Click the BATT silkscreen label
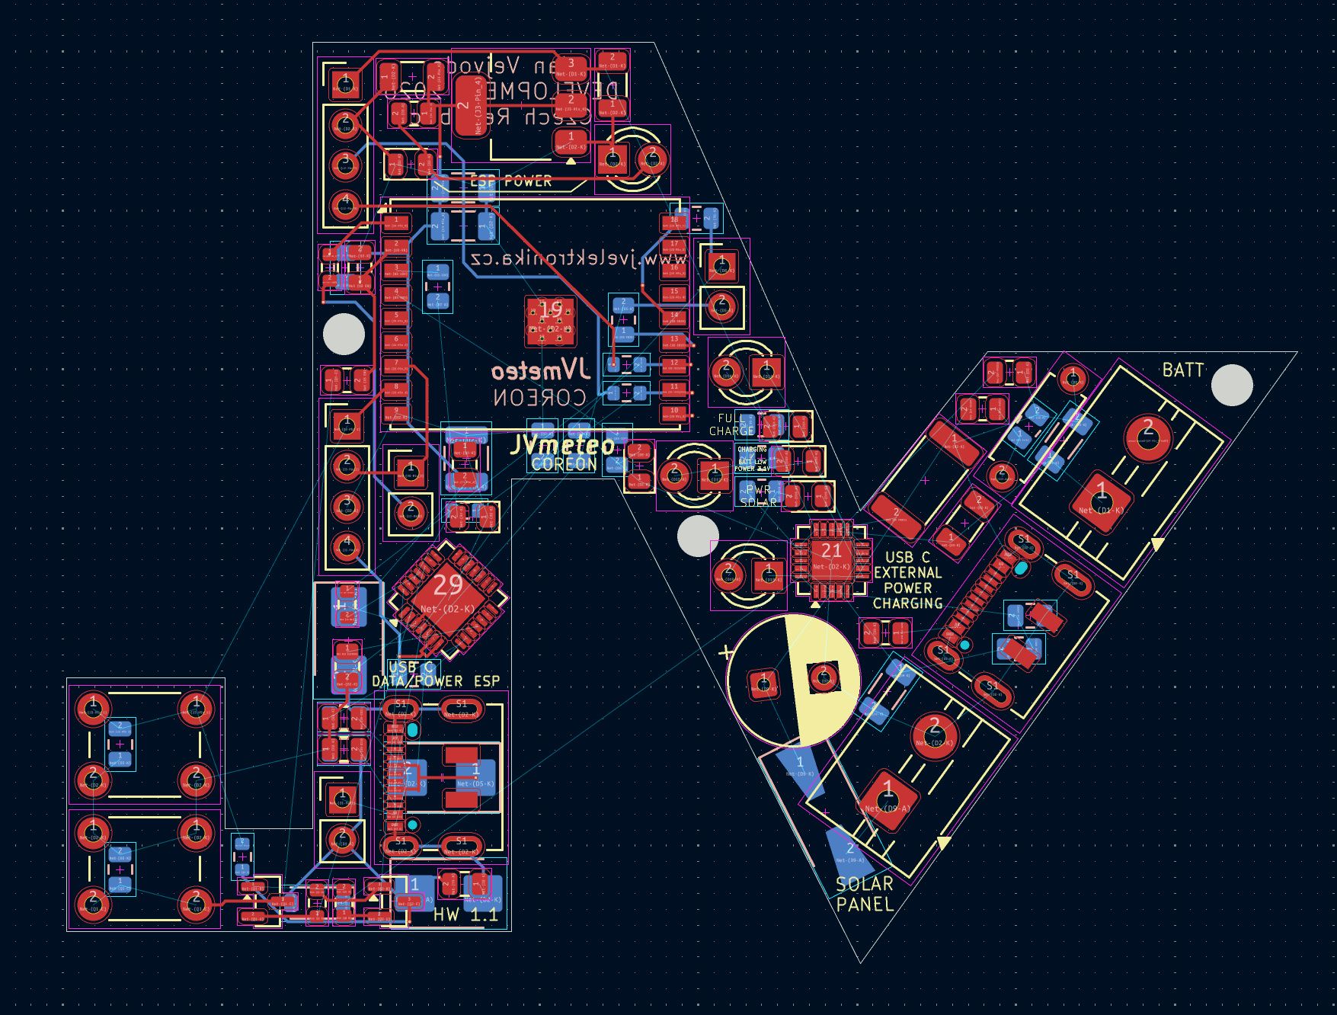click(1182, 370)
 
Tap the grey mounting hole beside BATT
click(1232, 386)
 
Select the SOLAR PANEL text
click(864, 894)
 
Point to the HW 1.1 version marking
click(465, 914)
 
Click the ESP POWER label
click(510, 181)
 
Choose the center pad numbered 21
click(831, 560)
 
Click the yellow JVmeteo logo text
click(562, 445)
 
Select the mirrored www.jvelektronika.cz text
click(579, 258)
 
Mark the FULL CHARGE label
click(732, 424)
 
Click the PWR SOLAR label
click(759, 496)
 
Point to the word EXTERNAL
click(907, 573)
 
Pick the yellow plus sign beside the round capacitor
click(726, 652)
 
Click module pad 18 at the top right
click(674, 222)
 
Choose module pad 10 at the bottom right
click(674, 414)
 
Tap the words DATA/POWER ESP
click(436, 681)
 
